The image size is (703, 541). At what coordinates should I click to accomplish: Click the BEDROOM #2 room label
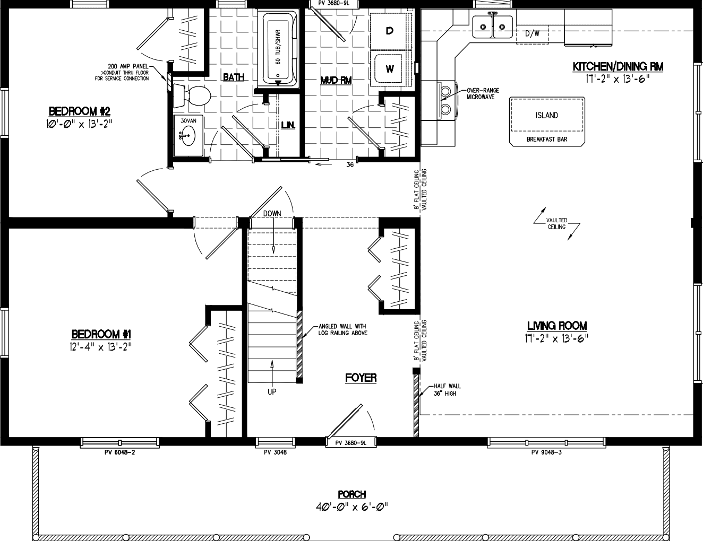(79, 111)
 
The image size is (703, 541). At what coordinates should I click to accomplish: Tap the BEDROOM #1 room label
(101, 334)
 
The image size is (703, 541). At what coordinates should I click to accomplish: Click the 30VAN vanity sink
(187, 138)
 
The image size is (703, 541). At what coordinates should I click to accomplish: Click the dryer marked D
(390, 31)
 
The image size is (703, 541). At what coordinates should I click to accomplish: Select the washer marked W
(390, 68)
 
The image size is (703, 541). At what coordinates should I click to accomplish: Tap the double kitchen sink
(492, 24)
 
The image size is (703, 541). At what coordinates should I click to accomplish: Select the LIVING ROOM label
(556, 326)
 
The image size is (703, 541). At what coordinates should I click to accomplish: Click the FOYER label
(361, 378)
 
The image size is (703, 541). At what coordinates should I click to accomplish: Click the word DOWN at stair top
(272, 213)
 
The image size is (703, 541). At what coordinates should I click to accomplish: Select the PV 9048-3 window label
(546, 452)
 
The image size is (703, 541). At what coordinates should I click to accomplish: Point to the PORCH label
(351, 494)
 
